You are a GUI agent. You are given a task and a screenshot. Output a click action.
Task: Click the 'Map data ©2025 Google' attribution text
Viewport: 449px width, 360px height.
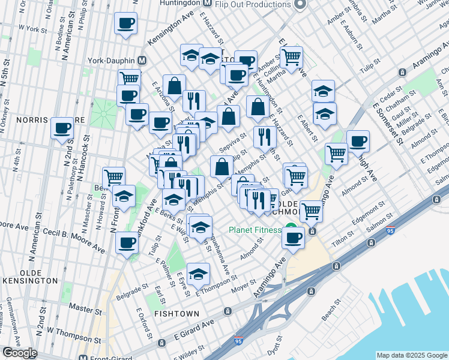point(412,355)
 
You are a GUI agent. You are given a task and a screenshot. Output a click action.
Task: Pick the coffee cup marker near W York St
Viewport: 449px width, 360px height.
point(126,24)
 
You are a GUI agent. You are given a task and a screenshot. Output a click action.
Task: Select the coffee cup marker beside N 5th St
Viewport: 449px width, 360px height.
point(62,128)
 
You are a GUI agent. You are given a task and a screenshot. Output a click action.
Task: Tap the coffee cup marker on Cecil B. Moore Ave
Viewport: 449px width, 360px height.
point(127,243)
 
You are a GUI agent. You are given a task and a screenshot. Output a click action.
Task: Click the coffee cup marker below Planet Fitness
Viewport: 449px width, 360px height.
point(293,238)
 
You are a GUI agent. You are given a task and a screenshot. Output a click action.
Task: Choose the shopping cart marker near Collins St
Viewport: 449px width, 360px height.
point(291,58)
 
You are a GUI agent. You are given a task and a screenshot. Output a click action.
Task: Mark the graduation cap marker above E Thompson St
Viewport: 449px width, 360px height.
point(198,275)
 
